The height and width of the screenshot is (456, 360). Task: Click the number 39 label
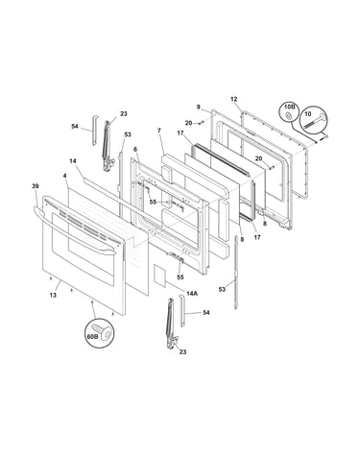coord(36,186)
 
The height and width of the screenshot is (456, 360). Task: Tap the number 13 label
coord(53,295)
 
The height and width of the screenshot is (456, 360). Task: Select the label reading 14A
coord(192,293)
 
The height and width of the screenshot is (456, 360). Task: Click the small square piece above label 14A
coord(159,275)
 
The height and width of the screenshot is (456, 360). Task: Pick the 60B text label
coord(92,336)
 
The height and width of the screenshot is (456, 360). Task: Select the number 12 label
coord(234,99)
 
